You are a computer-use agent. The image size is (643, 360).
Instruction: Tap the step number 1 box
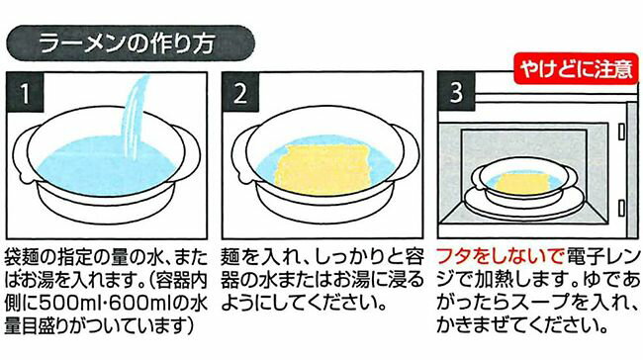click(25, 93)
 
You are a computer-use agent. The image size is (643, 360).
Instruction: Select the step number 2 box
click(240, 93)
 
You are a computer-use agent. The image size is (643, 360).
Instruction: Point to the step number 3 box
click(456, 93)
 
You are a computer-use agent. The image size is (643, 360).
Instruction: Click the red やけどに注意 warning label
click(576, 68)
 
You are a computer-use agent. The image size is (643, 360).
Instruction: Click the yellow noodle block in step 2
click(323, 168)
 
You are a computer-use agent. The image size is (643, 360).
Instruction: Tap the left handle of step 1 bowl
click(24, 153)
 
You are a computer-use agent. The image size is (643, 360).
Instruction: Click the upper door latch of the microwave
click(622, 132)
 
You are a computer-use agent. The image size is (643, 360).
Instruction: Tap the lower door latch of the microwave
click(622, 208)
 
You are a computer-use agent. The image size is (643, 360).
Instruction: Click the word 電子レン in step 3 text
click(603, 257)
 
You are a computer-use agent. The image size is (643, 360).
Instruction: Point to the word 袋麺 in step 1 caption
click(23, 257)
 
